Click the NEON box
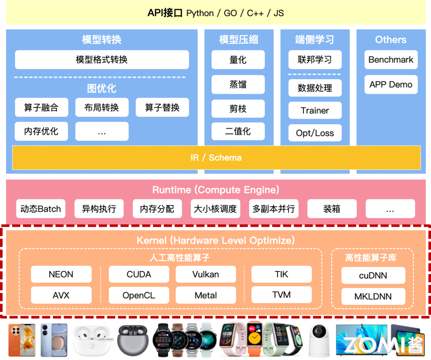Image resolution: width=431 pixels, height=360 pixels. coord(61,274)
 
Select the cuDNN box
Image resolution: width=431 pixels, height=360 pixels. coord(373,275)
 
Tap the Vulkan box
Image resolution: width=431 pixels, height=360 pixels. coord(206,274)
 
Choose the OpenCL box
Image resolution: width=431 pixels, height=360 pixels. coord(139,295)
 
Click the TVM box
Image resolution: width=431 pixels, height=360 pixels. coord(281,295)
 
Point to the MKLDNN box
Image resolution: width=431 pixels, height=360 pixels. coord(373,297)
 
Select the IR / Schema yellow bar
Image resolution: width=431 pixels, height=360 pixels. coord(216,157)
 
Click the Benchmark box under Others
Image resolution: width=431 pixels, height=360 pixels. coord(391,60)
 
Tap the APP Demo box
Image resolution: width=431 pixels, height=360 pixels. coord(391,85)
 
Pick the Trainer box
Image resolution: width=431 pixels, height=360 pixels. coord(315,111)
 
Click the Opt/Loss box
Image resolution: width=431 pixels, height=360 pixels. coord(315,133)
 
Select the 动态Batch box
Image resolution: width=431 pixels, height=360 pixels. coord(41,209)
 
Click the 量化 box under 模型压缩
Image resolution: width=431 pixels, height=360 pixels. coord(238,60)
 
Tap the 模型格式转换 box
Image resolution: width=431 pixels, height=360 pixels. coord(102,60)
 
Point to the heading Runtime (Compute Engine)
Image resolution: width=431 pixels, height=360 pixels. coord(215,190)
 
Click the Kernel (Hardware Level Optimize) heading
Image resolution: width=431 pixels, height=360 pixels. coord(215,240)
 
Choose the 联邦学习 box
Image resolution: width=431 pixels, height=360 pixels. coord(315,60)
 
